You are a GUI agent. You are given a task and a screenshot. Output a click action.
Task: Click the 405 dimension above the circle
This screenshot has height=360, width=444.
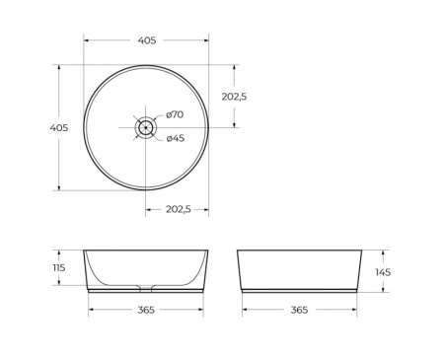click(146, 40)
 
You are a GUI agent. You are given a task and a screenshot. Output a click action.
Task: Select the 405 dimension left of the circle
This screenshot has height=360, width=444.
click(58, 127)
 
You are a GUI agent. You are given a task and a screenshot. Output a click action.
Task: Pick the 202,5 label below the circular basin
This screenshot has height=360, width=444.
click(178, 209)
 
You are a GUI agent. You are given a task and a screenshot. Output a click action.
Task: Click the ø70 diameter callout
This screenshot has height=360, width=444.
click(175, 114)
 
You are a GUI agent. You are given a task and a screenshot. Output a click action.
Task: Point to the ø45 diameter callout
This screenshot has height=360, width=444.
click(175, 138)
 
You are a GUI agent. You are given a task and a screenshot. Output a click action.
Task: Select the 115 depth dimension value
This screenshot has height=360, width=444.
click(58, 268)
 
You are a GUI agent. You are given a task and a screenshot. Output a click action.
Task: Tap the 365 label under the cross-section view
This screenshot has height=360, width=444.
click(145, 311)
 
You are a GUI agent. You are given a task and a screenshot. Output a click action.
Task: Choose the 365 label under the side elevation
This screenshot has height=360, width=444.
click(299, 311)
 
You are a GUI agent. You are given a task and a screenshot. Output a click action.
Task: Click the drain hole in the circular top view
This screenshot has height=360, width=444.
click(146, 126)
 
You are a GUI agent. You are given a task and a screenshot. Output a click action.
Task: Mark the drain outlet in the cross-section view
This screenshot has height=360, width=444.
click(146, 289)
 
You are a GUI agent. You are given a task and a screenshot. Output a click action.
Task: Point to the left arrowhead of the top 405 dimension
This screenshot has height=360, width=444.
click(86, 40)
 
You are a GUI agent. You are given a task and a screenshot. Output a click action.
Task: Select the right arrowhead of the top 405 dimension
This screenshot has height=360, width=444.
click(206, 40)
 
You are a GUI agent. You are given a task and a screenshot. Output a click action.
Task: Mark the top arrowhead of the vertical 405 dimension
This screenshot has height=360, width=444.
click(59, 67)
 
